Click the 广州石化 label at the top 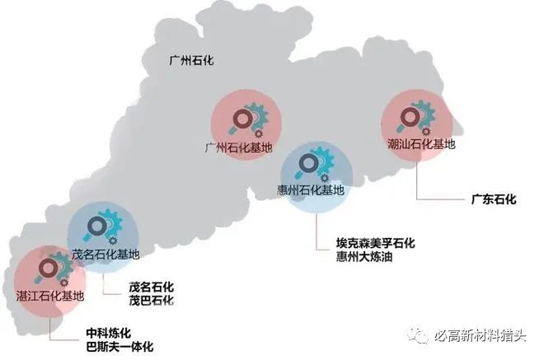coord(191,60)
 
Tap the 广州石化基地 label coord(238,148)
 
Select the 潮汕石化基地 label coord(421,143)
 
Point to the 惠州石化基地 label coord(311,189)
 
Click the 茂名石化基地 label coord(106,255)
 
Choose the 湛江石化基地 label coord(50,296)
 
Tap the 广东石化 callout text coord(494,199)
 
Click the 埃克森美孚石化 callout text coord(375,243)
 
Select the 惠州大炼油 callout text coord(364,257)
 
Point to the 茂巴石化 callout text coord(152,301)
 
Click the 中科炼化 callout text coord(109,333)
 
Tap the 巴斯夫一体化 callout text coord(120,347)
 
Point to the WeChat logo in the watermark coord(418,334)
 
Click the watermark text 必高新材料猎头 coord(481,335)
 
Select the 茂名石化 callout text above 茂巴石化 coord(152,287)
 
